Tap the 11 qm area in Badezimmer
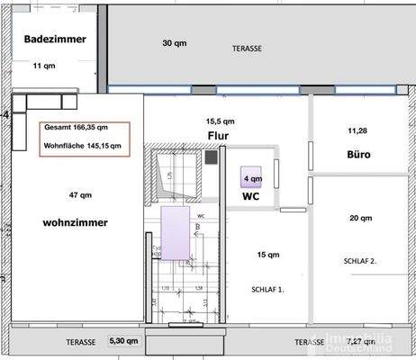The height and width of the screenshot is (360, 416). pyautogui.click(x=43, y=66)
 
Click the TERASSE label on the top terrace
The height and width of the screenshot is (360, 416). pyautogui.click(x=247, y=48)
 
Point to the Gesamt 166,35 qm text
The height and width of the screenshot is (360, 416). pyautogui.click(x=76, y=127)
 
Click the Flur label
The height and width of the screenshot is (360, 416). pyautogui.click(x=217, y=137)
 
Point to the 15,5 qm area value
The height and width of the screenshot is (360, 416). pyautogui.click(x=221, y=121)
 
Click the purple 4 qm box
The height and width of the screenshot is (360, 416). pyautogui.click(x=251, y=178)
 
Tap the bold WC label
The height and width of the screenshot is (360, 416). pyautogui.click(x=251, y=195)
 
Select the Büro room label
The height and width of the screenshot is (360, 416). pyautogui.click(x=359, y=154)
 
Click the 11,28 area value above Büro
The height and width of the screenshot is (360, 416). pyautogui.click(x=358, y=130)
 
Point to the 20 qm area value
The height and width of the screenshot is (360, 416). pyautogui.click(x=360, y=218)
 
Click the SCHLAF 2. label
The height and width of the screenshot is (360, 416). pyautogui.click(x=361, y=261)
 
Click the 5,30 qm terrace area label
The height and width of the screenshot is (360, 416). pyautogui.click(x=123, y=342)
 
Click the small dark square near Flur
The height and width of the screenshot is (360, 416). pyautogui.click(x=212, y=157)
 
